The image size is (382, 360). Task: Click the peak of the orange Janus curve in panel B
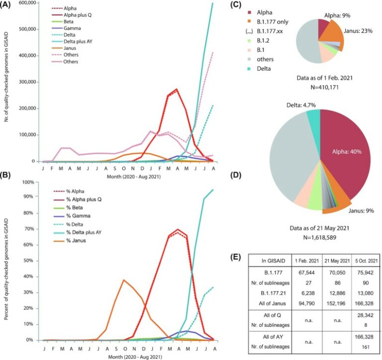pos(123,280)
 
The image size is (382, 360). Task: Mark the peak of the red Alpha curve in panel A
pos(177,90)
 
